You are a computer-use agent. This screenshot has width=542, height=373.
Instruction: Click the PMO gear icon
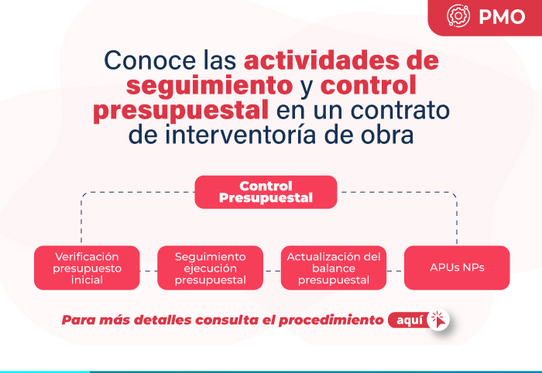pyautogui.click(x=458, y=15)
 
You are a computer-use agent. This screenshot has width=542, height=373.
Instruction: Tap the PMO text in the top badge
pyautogui.click(x=502, y=16)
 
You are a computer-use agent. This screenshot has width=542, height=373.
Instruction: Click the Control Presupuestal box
pyautogui.click(x=266, y=192)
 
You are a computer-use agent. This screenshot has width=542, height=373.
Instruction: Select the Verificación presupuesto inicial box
pyautogui.click(x=87, y=268)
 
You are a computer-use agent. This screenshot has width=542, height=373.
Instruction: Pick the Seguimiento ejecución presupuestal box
pyautogui.click(x=210, y=268)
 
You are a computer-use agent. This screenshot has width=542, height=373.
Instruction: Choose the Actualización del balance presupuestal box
pyautogui.click(x=334, y=268)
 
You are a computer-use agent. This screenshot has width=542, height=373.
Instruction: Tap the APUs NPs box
pyautogui.click(x=457, y=268)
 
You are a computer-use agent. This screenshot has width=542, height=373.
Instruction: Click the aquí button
pyautogui.click(x=410, y=320)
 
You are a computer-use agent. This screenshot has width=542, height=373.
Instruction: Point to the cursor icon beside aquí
pyautogui.click(x=438, y=320)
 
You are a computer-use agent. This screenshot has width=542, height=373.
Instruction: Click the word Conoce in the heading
pyautogui.click(x=150, y=60)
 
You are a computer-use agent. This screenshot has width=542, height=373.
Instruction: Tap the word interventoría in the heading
pyautogui.click(x=240, y=135)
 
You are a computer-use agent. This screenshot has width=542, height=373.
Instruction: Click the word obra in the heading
pyautogui.click(x=387, y=135)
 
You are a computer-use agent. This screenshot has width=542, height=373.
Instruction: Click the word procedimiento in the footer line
pyautogui.click(x=331, y=320)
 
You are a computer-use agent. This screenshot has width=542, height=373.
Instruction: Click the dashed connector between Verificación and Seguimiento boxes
pyautogui.click(x=149, y=271)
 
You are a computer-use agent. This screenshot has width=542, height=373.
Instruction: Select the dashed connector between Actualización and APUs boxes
pyautogui.click(x=395, y=271)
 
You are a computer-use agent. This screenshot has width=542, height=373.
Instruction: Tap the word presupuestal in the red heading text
pyautogui.click(x=180, y=111)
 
